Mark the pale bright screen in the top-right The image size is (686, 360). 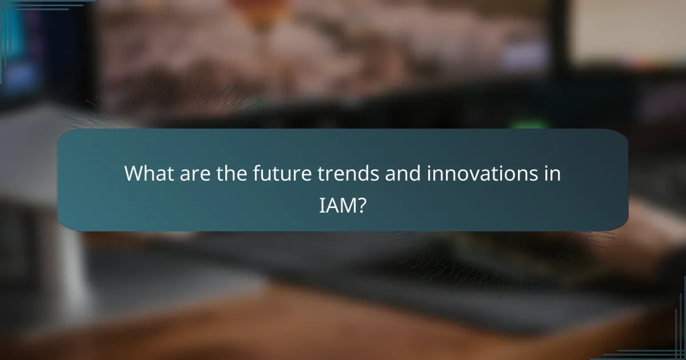629,29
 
